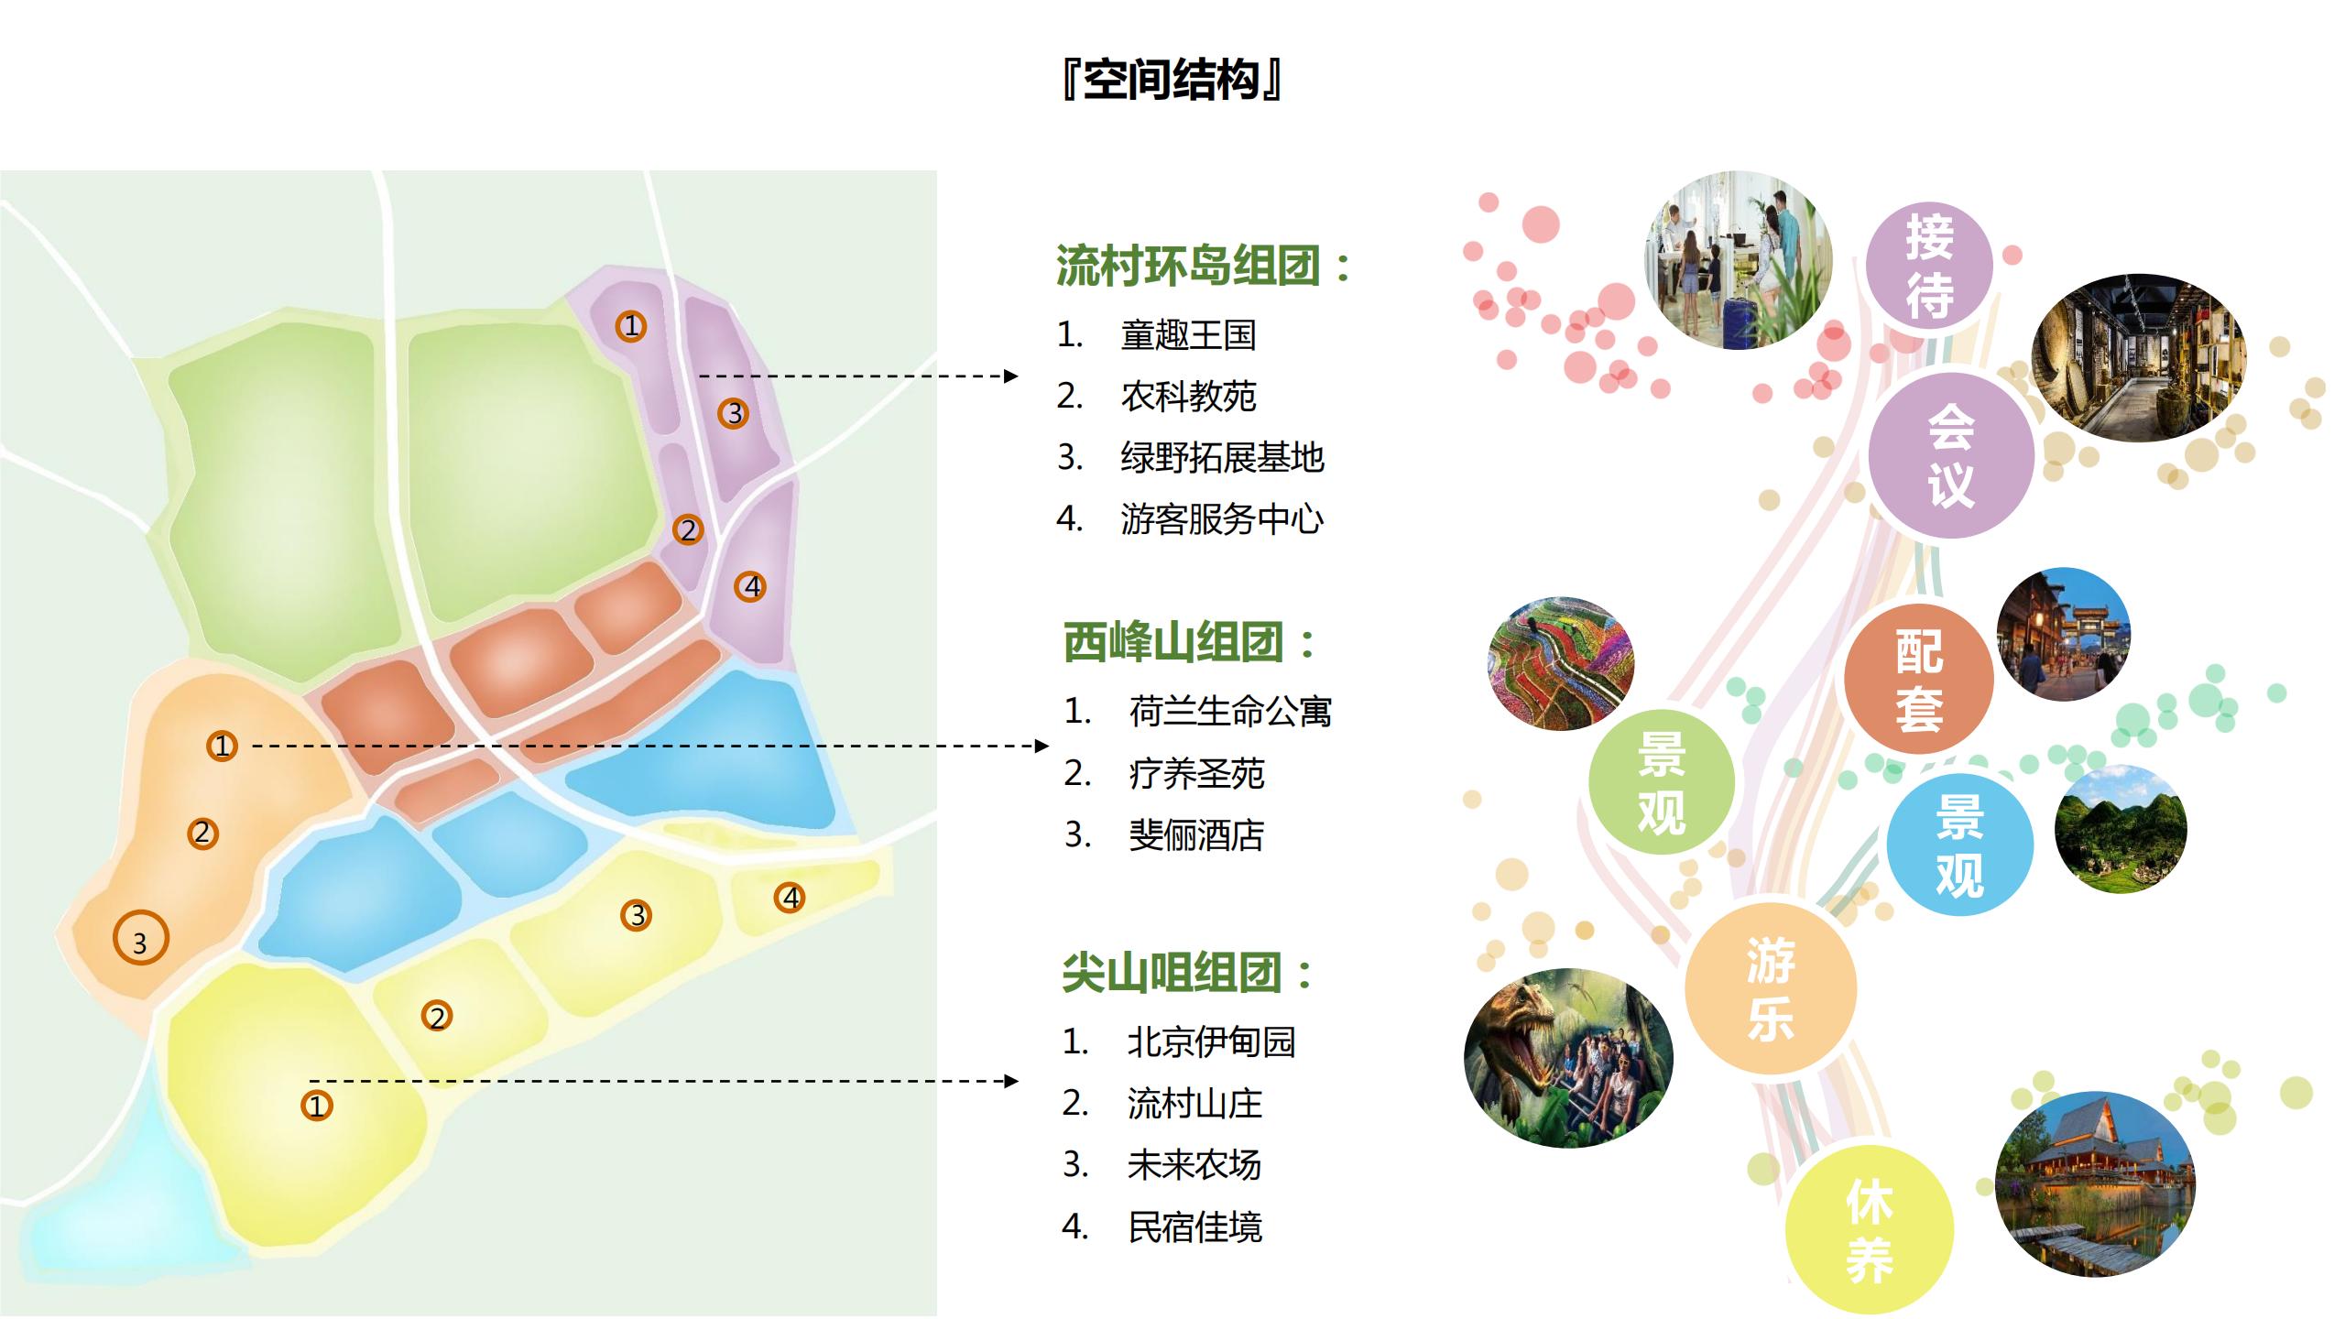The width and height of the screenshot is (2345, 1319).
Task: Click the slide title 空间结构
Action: pyautogui.click(x=1172, y=80)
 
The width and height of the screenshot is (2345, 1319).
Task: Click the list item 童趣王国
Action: pyautogui.click(x=1188, y=335)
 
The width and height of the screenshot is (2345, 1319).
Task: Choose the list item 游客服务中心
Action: pyautogui.click(x=1222, y=519)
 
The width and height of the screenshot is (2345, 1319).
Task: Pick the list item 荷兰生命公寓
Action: pyautogui.click(x=1229, y=711)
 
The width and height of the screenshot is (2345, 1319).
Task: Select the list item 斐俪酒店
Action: pyautogui.click(x=1196, y=834)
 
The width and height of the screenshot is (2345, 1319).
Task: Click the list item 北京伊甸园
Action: pyautogui.click(x=1211, y=1041)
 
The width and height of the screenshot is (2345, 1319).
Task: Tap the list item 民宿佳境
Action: pyautogui.click(x=1194, y=1226)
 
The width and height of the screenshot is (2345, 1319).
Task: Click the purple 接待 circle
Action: pyautogui.click(x=1929, y=266)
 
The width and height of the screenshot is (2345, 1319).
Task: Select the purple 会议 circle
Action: pyautogui.click(x=1951, y=455)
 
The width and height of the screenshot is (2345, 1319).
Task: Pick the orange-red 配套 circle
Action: pyautogui.click(x=1918, y=679)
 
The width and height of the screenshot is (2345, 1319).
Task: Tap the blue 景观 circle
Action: pyautogui.click(x=1959, y=845)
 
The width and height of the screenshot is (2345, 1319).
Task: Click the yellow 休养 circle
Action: pyautogui.click(x=1869, y=1230)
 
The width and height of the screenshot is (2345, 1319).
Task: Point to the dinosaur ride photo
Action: pyautogui.click(x=1568, y=1058)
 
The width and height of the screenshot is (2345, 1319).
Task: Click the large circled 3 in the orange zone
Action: pyautogui.click(x=140, y=939)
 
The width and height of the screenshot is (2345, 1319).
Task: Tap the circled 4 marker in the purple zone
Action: pyautogui.click(x=751, y=586)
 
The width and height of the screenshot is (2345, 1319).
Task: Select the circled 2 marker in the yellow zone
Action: pyautogui.click(x=437, y=1016)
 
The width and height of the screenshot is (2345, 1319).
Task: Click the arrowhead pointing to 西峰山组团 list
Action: pyautogui.click(x=1042, y=746)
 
